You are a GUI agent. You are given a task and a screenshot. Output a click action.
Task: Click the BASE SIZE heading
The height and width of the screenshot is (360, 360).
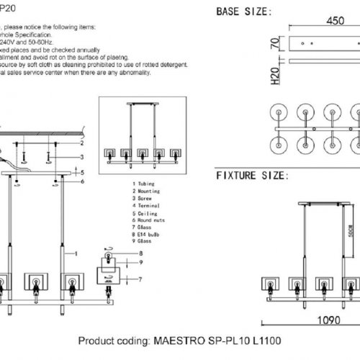coord(244,12)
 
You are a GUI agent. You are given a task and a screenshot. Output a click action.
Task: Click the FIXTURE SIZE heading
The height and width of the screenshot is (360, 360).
coord(252,175)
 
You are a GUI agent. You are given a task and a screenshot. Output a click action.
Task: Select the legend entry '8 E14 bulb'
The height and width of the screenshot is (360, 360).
coord(147,235)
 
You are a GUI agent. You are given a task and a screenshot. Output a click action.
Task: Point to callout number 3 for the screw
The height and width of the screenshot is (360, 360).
coord(84,156)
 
